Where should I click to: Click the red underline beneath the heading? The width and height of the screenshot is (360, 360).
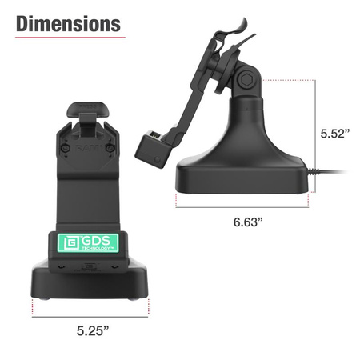[70, 38]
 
